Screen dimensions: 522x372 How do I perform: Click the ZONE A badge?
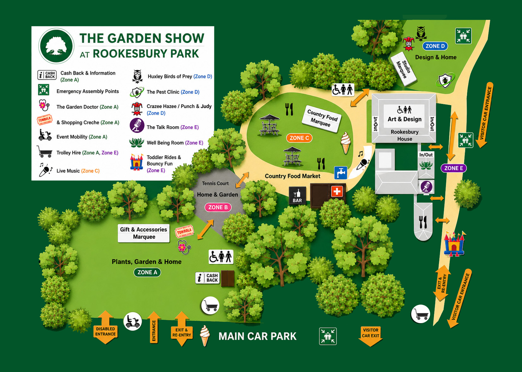click(x=147, y=272)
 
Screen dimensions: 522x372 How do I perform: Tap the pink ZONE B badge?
click(x=218, y=207)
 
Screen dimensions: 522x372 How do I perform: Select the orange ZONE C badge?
click(x=299, y=138)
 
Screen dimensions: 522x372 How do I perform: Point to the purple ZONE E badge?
click(x=454, y=168)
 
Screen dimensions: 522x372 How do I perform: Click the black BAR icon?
click(x=297, y=196)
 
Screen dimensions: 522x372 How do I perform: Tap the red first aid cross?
click(x=337, y=191)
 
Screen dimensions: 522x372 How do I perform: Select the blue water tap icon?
click(x=341, y=173)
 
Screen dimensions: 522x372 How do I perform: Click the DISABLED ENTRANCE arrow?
click(x=105, y=327)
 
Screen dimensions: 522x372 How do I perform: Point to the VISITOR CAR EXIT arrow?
click(x=370, y=336)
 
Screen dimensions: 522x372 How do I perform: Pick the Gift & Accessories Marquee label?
click(x=144, y=233)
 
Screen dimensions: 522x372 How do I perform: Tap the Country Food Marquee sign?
click(x=322, y=118)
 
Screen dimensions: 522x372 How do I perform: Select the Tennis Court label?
click(x=215, y=183)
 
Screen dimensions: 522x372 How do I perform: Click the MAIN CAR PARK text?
click(x=258, y=336)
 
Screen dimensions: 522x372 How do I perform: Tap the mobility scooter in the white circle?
click(x=132, y=321)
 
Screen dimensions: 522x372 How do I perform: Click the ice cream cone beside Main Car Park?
click(x=205, y=335)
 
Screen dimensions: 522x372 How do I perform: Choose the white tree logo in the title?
click(x=56, y=46)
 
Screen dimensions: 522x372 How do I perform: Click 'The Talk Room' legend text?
click(x=163, y=127)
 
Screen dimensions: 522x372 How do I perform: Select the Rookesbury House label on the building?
click(x=405, y=135)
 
